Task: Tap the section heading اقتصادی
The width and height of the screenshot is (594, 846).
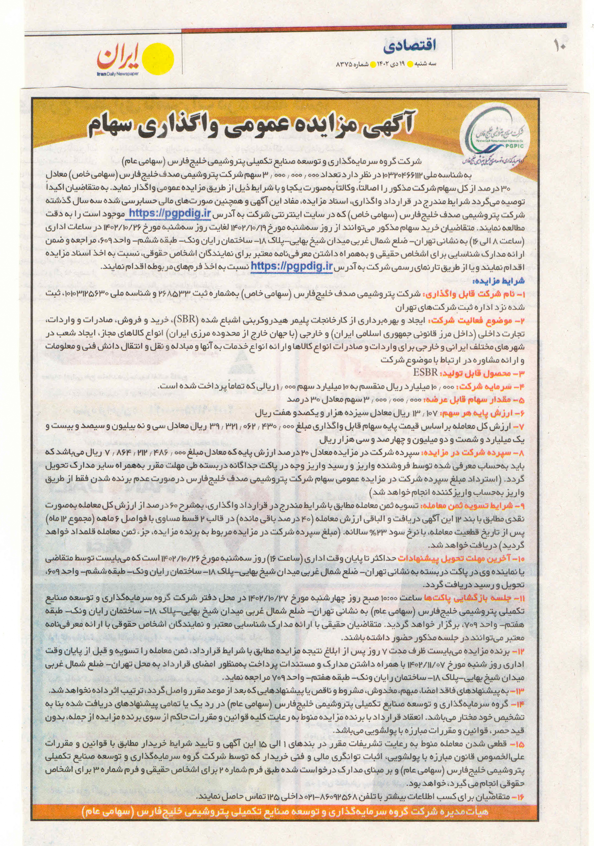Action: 409,46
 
